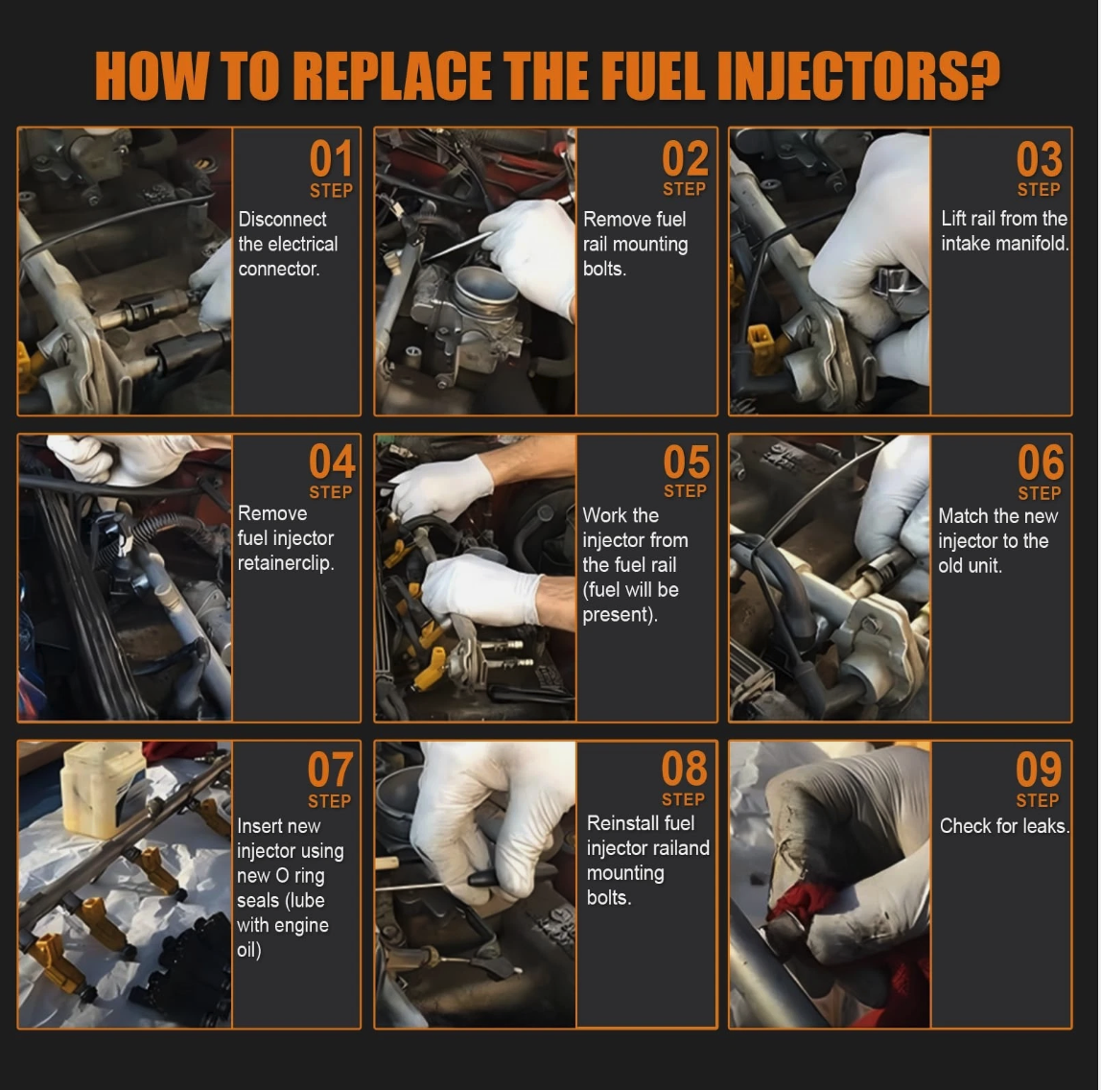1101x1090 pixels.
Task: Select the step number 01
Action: (x=332, y=158)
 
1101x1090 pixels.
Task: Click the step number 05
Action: (x=686, y=462)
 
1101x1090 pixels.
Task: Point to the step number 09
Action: (x=1039, y=770)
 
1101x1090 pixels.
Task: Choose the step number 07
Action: (x=330, y=770)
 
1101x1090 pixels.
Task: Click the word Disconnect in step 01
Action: (x=282, y=219)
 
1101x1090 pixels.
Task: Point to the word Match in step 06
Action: (x=962, y=516)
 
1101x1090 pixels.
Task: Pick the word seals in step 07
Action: (x=256, y=900)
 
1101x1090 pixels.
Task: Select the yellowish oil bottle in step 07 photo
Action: (x=104, y=790)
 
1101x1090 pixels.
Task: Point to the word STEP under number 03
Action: (x=1039, y=190)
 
